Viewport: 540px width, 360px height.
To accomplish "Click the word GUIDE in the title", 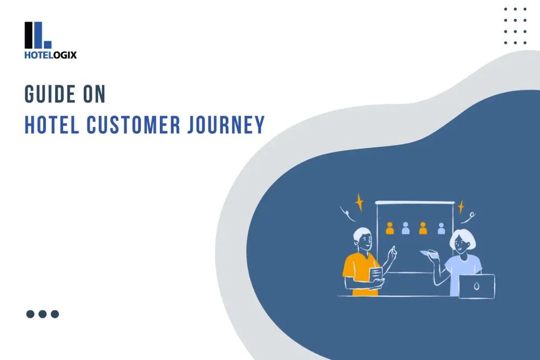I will coord(50,94).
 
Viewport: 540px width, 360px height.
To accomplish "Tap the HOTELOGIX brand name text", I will coord(50,55).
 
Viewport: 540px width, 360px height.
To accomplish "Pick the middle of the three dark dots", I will coord(43,314).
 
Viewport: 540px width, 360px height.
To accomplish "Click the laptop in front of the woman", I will coord(476,286).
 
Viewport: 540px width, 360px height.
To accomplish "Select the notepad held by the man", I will coord(376,274).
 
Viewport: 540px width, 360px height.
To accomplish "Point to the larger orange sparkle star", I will coord(359,202).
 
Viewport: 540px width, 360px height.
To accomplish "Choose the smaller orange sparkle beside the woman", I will coord(461,207).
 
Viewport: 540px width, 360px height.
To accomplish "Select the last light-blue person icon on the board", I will coord(441,228).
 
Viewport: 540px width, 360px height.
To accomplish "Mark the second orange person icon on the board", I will coord(423,228).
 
